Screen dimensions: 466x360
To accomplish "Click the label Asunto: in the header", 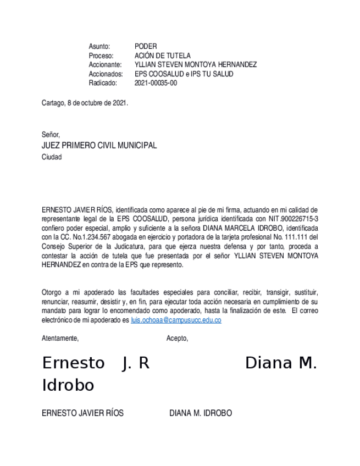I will coord(99,47).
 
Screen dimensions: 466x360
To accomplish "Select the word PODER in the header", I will coord(146,47).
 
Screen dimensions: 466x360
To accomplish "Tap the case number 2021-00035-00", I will coord(156,83).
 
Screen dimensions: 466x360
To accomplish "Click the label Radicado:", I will coord(103,83).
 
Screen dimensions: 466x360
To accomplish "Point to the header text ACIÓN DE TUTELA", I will coord(163,56).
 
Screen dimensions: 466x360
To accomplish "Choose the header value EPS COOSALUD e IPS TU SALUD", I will coord(184,74).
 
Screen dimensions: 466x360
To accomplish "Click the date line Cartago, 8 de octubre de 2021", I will coord(85,103).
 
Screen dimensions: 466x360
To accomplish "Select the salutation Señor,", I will coord(51,135).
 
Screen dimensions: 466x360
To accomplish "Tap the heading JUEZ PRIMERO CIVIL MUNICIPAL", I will coord(99,146).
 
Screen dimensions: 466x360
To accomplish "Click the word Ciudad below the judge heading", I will coord(52,157).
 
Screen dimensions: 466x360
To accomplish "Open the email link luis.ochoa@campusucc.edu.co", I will coord(176,320).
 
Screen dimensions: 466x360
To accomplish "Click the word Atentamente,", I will coord(60,339).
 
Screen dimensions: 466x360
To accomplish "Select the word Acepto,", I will coord(177,339).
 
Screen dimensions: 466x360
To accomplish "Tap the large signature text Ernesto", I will coord(73,363).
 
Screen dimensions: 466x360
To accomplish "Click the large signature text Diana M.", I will coord(281,363).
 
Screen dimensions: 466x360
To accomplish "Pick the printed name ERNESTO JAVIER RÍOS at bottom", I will coord(82,413).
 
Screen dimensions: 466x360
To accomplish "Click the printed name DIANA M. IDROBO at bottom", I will coord(200,413).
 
